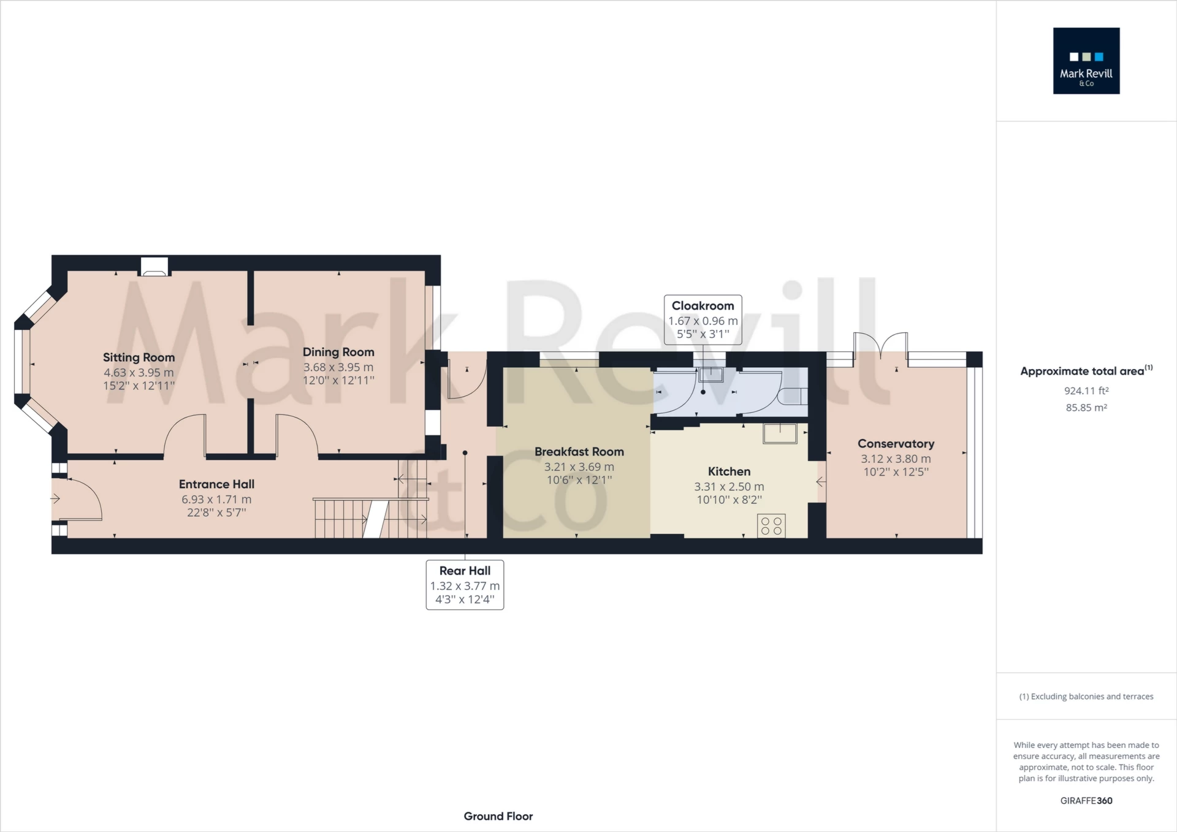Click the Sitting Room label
click(x=139, y=357)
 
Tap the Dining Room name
click(x=338, y=352)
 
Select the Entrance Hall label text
click(x=216, y=484)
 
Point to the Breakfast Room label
click(x=579, y=452)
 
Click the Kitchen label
click(x=729, y=471)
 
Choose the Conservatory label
click(x=896, y=443)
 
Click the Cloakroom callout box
click(x=703, y=320)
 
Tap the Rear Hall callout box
click(x=465, y=585)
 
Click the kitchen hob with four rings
click(x=771, y=526)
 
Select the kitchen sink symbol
click(x=780, y=433)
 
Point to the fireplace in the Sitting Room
click(x=154, y=267)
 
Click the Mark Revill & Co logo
click(x=1086, y=61)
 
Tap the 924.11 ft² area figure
click(x=1086, y=391)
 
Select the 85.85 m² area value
click(x=1086, y=408)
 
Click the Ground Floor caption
click(x=498, y=816)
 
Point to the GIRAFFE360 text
click(x=1086, y=801)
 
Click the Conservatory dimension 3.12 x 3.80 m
click(x=896, y=459)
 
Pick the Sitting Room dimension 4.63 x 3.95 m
click(x=139, y=373)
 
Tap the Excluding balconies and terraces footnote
click(x=1086, y=697)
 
